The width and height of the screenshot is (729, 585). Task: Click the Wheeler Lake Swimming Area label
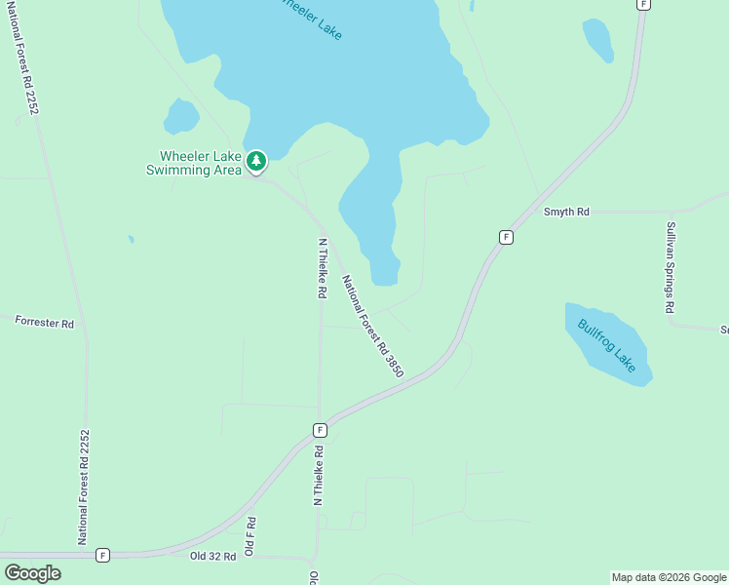[x=186, y=163]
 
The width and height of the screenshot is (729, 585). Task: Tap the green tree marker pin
[x=256, y=161]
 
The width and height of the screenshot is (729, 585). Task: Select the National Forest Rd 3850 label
[x=372, y=326]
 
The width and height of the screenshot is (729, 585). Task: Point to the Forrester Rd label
[x=45, y=322]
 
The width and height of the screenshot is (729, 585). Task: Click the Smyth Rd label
[x=566, y=212]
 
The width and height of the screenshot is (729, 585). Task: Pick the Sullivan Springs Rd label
[x=671, y=267]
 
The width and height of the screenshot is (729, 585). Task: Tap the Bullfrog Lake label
[x=606, y=345]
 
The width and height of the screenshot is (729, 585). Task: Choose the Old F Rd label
[x=249, y=536]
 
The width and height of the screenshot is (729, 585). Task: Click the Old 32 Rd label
[x=213, y=556]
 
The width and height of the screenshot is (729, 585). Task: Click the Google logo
[x=32, y=573]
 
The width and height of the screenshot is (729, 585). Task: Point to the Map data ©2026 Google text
[x=668, y=577]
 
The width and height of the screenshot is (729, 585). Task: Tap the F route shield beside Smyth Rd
[x=506, y=237]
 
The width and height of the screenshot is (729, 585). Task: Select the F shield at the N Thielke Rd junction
[x=320, y=429]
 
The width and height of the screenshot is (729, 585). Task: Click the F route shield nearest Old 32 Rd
[x=102, y=555]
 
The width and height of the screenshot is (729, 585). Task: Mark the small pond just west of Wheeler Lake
[x=181, y=116]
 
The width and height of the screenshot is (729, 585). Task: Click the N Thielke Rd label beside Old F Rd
[x=317, y=475]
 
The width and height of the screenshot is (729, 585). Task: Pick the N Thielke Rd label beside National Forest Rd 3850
[x=321, y=268]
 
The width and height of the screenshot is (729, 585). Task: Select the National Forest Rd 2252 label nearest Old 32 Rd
[x=85, y=487]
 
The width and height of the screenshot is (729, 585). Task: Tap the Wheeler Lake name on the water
[x=310, y=18]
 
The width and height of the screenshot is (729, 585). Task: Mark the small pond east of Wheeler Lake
[x=597, y=39]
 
